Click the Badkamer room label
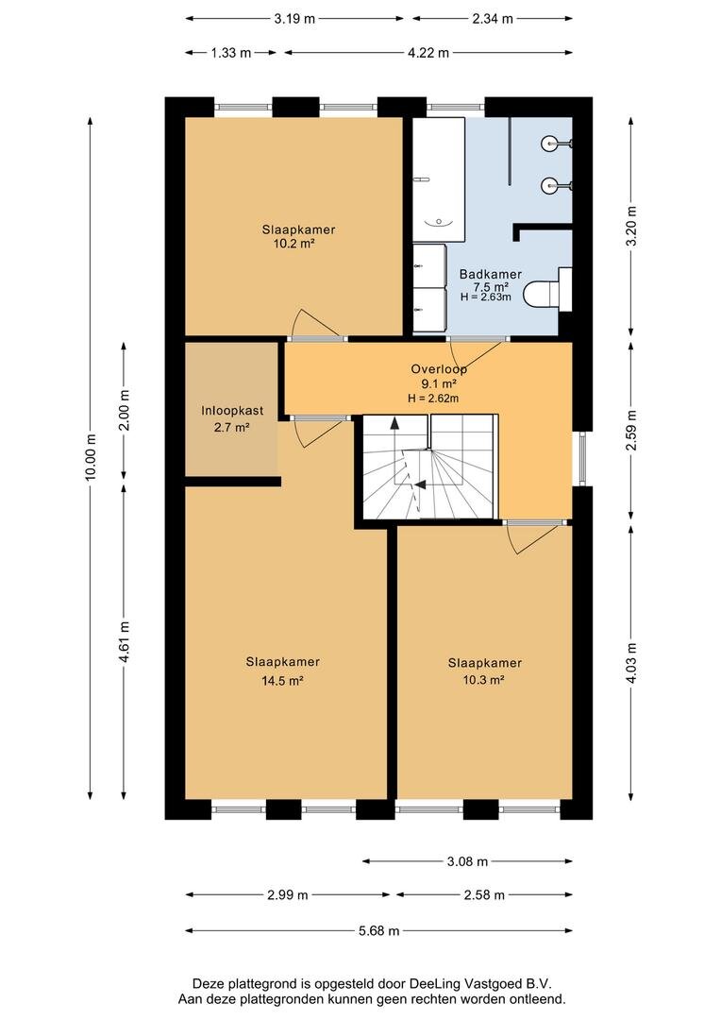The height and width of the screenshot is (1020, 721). tap(490, 274)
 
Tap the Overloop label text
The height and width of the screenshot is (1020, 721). tap(439, 369)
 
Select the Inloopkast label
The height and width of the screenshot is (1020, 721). tap(232, 411)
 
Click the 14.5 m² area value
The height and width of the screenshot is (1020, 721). tap(283, 680)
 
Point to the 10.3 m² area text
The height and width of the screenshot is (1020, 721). tap(484, 680)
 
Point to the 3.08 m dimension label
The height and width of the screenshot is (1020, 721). tap(467, 861)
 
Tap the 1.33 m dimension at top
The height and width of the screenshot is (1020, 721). tap(231, 53)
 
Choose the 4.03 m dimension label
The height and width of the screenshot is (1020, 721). tap(630, 662)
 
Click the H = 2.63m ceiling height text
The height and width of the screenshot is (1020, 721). tap(486, 297)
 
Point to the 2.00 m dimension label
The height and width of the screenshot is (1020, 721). tap(125, 410)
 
